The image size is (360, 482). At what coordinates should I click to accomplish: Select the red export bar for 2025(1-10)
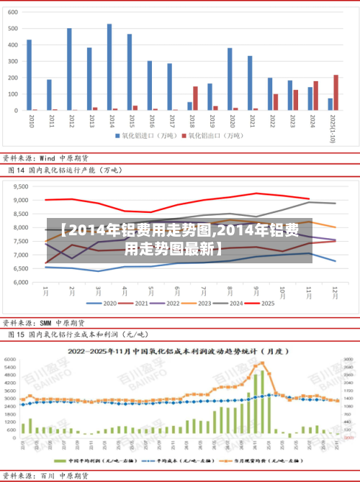pyautogui.click(x=336, y=93)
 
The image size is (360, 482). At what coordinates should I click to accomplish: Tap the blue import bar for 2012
pyautogui.click(x=69, y=69)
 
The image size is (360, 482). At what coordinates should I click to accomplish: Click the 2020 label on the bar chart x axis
pyautogui.click(x=230, y=119)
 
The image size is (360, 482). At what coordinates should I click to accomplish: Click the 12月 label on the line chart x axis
pyautogui.click(x=335, y=292)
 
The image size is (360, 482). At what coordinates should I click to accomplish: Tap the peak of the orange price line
pyautogui.click(x=264, y=363)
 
